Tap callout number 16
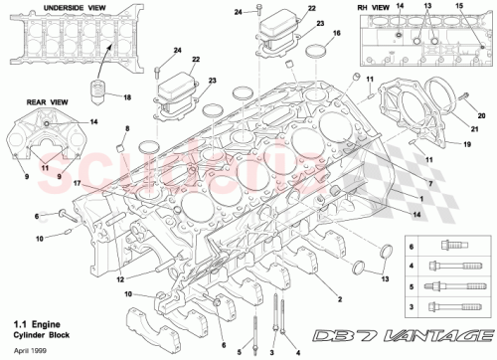coord(338,33)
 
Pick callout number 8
coord(126,129)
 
